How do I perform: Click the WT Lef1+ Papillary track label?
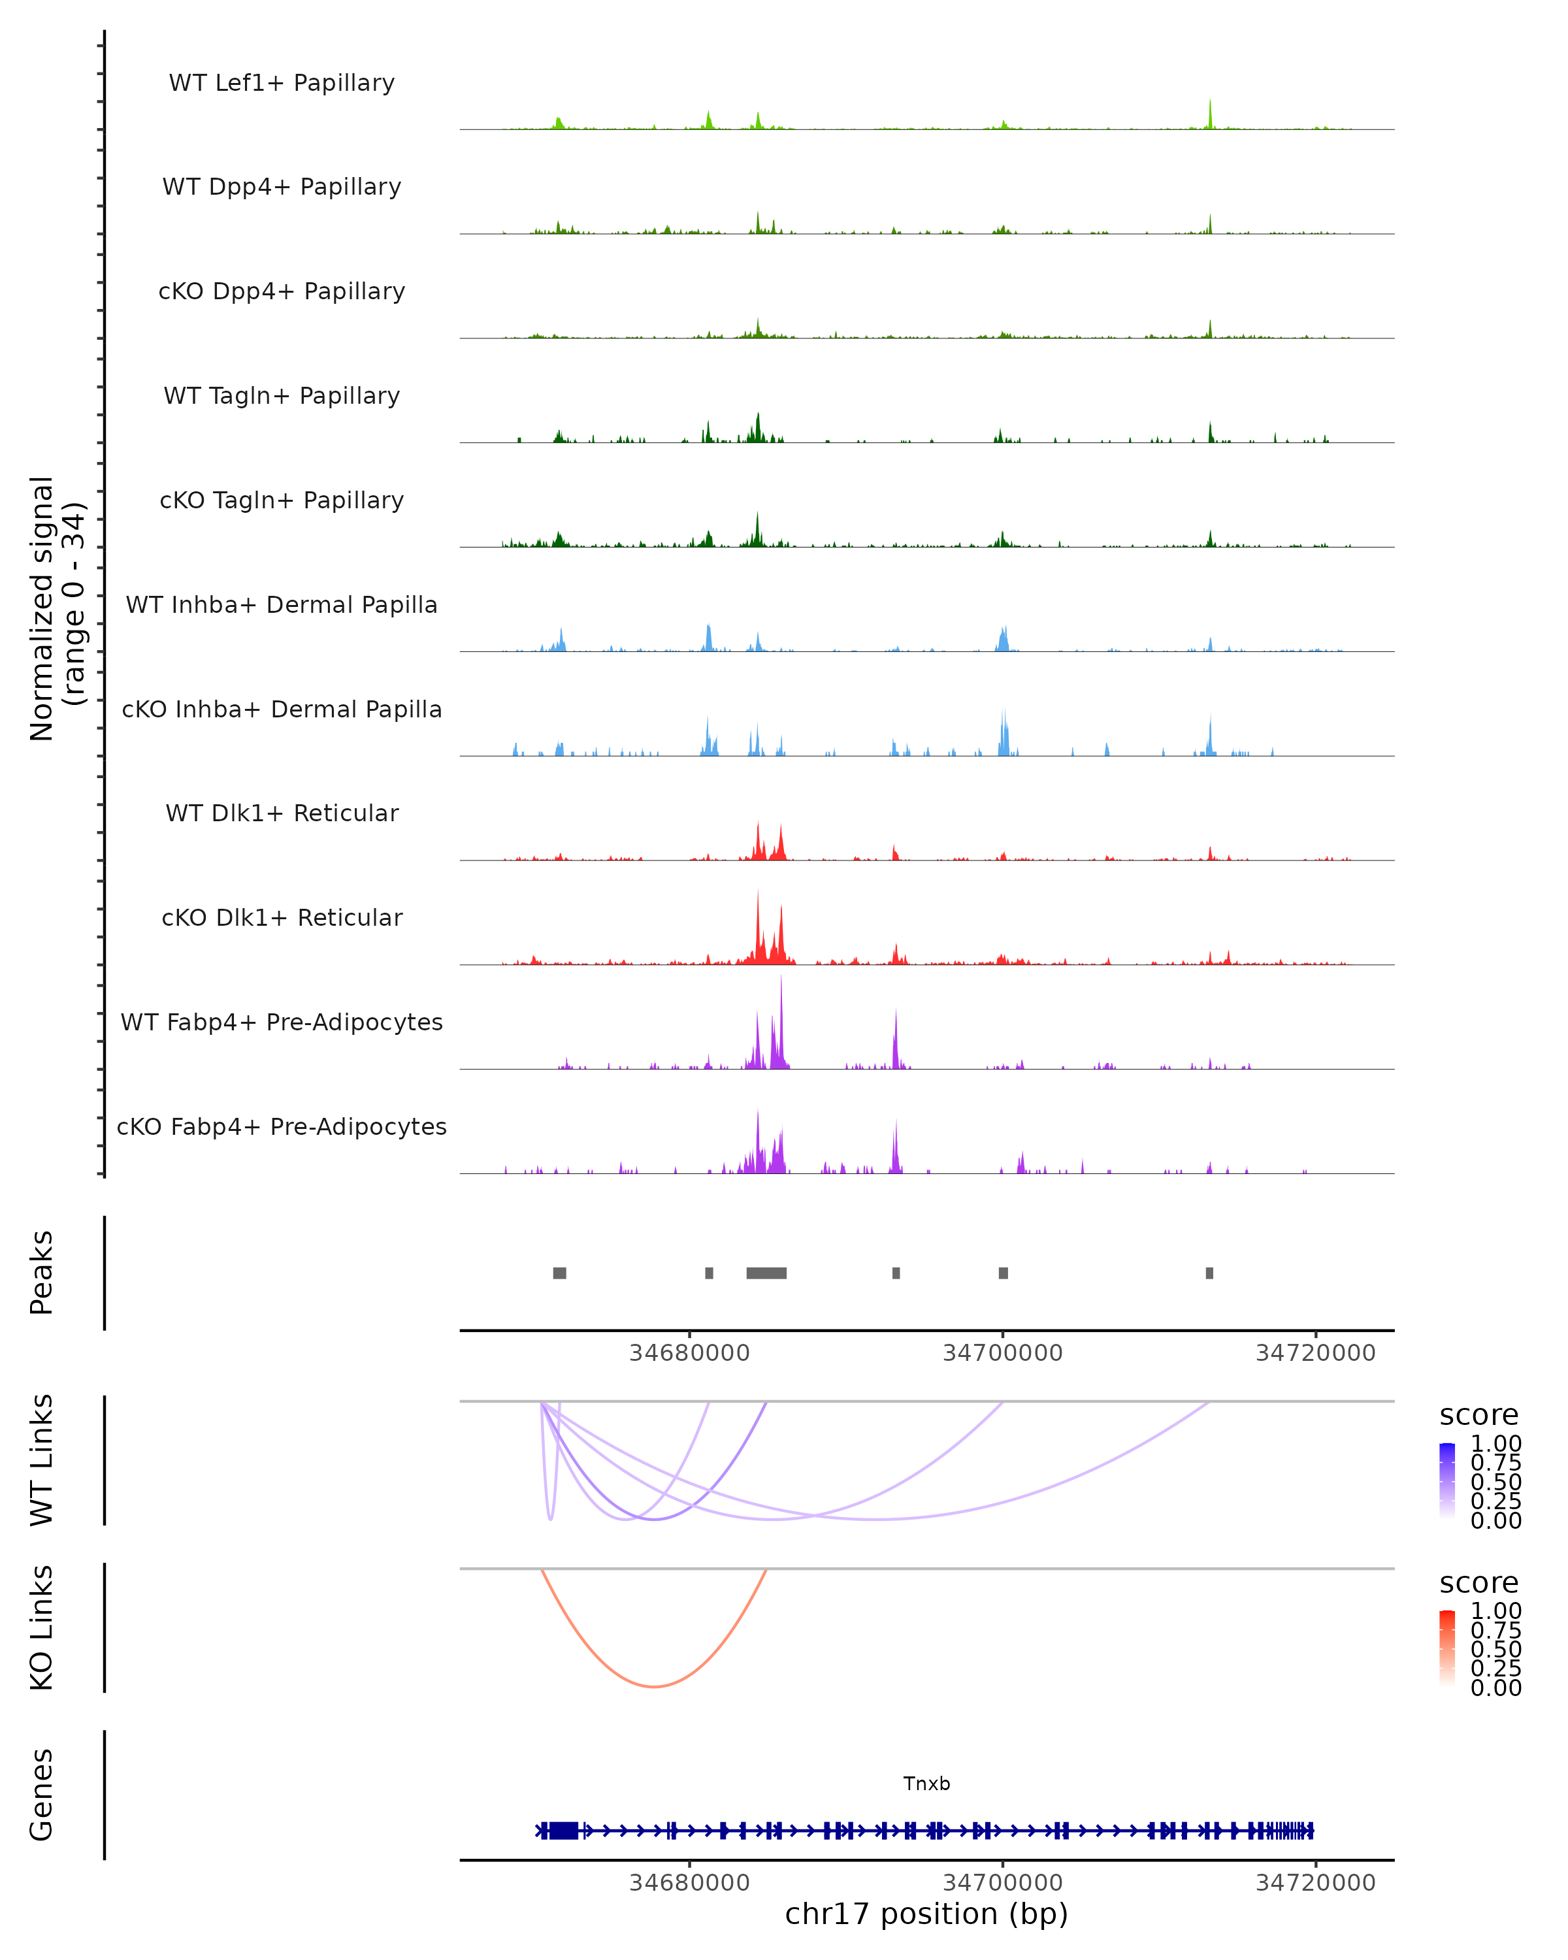282,83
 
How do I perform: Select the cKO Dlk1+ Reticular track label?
282,917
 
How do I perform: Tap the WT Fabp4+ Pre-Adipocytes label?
282,1022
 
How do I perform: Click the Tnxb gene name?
926,1784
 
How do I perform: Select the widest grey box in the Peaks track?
766,1273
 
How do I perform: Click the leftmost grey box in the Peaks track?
559,1273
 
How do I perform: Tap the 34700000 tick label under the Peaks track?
1003,1353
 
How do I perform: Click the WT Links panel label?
42,1460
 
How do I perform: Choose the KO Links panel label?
42,1627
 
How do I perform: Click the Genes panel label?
42,1795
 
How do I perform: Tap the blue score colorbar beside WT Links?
1447,1481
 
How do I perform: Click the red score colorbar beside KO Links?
1447,1648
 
